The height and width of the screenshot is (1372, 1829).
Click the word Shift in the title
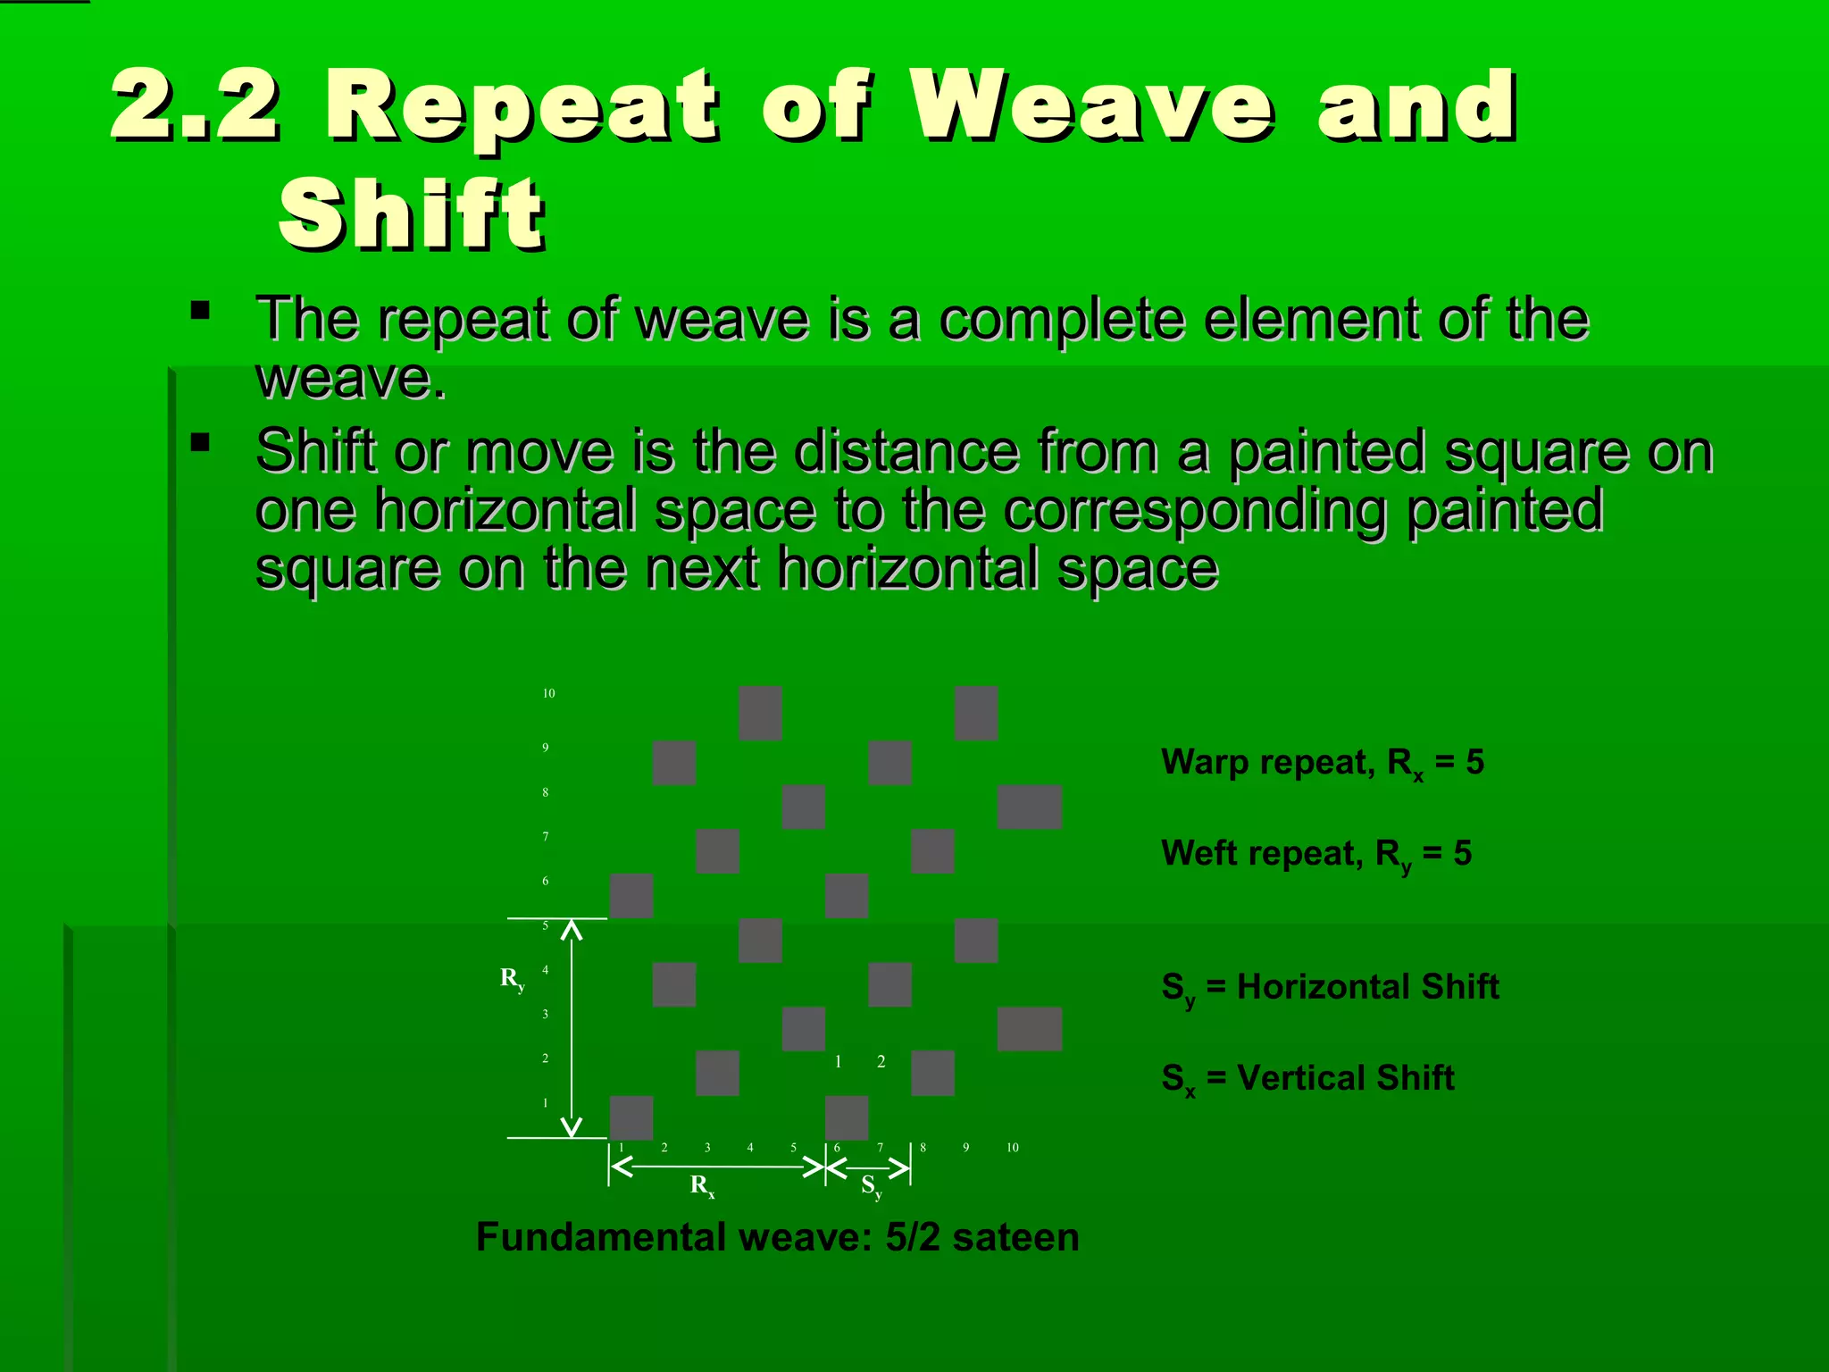(411, 214)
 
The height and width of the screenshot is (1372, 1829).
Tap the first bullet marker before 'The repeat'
(200, 312)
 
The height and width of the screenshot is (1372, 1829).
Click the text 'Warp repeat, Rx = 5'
(1322, 763)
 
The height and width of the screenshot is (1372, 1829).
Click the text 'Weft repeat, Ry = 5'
(1315, 854)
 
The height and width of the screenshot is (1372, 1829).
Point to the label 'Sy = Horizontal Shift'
(1329, 988)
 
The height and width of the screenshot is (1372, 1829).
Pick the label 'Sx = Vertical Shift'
(1307, 1079)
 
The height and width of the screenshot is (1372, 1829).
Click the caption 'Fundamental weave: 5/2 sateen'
(777, 1238)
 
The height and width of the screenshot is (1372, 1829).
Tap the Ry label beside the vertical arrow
(512, 978)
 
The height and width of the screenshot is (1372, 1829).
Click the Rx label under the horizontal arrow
(702, 1185)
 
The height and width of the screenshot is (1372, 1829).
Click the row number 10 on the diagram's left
(548, 693)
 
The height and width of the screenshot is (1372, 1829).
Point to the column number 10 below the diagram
(1012, 1148)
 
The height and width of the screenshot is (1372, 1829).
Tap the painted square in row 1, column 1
(631, 1117)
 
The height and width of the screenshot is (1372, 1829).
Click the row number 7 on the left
(546, 837)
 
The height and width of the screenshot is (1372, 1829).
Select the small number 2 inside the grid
(881, 1062)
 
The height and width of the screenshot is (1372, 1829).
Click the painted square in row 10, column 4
(760, 713)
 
